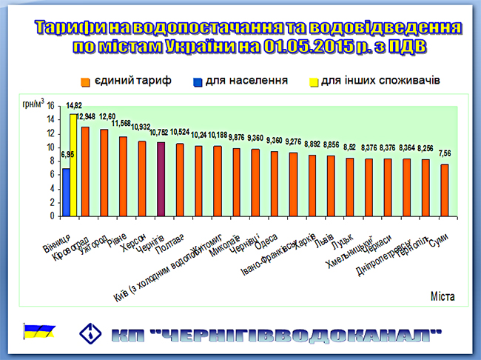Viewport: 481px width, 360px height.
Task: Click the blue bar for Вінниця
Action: click(66, 193)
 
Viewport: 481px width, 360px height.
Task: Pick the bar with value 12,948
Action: click(84, 173)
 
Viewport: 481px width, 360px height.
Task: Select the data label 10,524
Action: click(180, 133)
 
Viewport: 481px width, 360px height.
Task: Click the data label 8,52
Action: click(349, 147)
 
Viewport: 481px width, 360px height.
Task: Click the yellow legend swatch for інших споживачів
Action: click(313, 79)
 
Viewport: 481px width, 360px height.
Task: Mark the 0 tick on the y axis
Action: click(53, 217)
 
